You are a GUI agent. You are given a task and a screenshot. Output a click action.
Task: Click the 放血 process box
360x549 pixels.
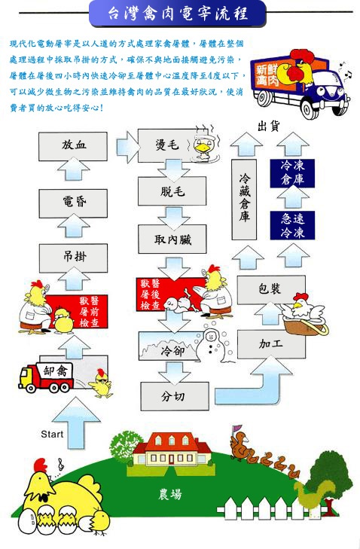[73, 146]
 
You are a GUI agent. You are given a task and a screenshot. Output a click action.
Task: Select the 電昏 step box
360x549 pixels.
[73, 203]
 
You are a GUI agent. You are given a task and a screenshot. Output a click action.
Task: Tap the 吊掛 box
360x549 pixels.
[73, 258]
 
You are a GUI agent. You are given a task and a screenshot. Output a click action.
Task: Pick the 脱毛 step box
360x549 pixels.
[172, 191]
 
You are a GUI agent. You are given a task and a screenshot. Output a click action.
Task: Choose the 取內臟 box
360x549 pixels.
[172, 239]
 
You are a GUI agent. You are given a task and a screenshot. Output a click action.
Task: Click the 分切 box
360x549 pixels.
[175, 396]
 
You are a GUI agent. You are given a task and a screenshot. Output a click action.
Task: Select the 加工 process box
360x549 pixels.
[271, 344]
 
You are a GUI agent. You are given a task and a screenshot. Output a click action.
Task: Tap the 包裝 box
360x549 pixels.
[271, 290]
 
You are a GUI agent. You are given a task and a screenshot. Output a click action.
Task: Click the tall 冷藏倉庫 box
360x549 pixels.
[244, 200]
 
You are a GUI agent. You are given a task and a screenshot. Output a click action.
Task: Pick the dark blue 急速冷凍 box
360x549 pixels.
[292, 225]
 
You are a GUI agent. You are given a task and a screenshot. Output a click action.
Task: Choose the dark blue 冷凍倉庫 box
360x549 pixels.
[292, 173]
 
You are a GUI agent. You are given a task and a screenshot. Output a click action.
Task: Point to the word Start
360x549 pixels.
[52, 435]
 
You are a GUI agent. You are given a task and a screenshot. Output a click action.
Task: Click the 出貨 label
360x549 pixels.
[269, 126]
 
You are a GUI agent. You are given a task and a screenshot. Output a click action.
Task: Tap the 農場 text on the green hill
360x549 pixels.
[170, 494]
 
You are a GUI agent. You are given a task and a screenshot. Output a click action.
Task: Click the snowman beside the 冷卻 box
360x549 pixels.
[212, 346]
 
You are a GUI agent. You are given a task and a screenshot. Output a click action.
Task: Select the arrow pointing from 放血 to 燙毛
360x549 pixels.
[128, 147]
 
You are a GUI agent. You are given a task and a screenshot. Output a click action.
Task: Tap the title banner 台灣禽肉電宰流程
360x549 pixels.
[178, 14]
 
